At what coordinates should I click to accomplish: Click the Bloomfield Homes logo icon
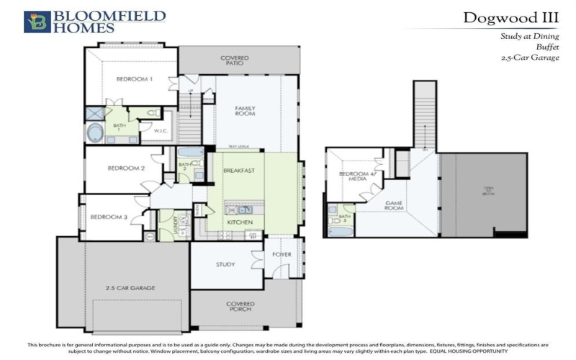point(36,22)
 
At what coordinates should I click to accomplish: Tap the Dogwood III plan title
point(511,17)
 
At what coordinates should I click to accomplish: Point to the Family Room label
point(246,111)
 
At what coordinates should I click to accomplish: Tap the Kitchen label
point(239,223)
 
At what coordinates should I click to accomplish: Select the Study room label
point(225,264)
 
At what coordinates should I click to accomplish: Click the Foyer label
point(282,255)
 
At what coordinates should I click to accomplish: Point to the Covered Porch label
point(240,307)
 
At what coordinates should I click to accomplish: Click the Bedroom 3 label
point(109,217)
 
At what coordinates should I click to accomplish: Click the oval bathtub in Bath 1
point(95,134)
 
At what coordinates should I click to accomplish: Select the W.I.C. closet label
point(161,131)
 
